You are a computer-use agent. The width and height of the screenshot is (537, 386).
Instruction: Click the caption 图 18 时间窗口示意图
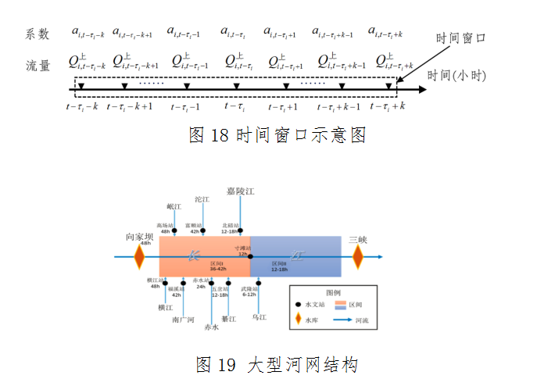click(x=277, y=135)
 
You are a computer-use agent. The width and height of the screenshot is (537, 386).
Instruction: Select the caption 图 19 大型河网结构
click(x=277, y=365)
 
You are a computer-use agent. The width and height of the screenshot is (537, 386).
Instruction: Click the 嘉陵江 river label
click(x=241, y=191)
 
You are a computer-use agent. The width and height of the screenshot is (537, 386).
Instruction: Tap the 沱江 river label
click(x=202, y=200)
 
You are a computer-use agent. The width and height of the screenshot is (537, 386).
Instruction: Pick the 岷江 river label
click(x=174, y=207)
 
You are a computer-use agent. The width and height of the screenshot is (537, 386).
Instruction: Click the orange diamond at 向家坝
click(x=140, y=256)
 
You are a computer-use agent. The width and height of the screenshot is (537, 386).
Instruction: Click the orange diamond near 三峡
click(x=358, y=256)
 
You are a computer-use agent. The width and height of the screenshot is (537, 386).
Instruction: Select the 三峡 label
click(x=358, y=239)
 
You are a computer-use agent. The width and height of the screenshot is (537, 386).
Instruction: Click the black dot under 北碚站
click(x=240, y=232)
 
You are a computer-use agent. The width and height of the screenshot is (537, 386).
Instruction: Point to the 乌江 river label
click(x=260, y=317)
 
